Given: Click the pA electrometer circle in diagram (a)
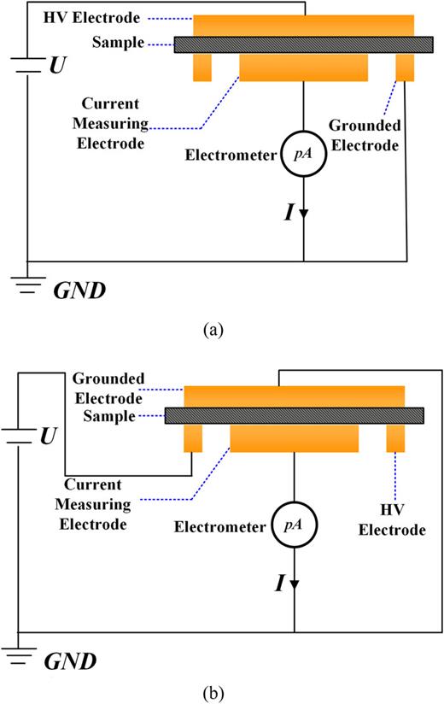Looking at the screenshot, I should click(305, 155).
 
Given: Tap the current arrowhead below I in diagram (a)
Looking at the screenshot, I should click(305, 214).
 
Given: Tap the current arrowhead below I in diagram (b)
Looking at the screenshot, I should click(295, 584).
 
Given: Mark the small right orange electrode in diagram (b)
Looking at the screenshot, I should click(395, 438).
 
